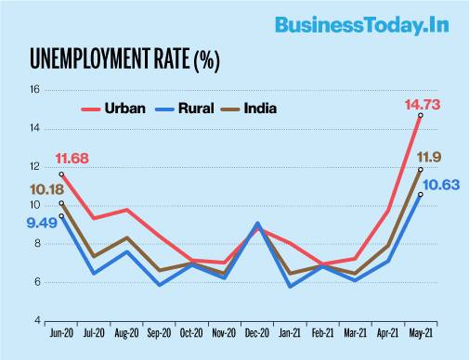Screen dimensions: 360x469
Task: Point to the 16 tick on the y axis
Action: click(35, 90)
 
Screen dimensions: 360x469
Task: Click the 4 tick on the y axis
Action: click(37, 320)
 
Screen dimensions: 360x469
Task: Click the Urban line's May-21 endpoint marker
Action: click(420, 115)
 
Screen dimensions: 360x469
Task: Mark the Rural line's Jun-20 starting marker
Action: click(61, 216)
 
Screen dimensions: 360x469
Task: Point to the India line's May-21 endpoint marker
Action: click(420, 170)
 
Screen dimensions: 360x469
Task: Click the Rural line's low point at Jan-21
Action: click(291, 286)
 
